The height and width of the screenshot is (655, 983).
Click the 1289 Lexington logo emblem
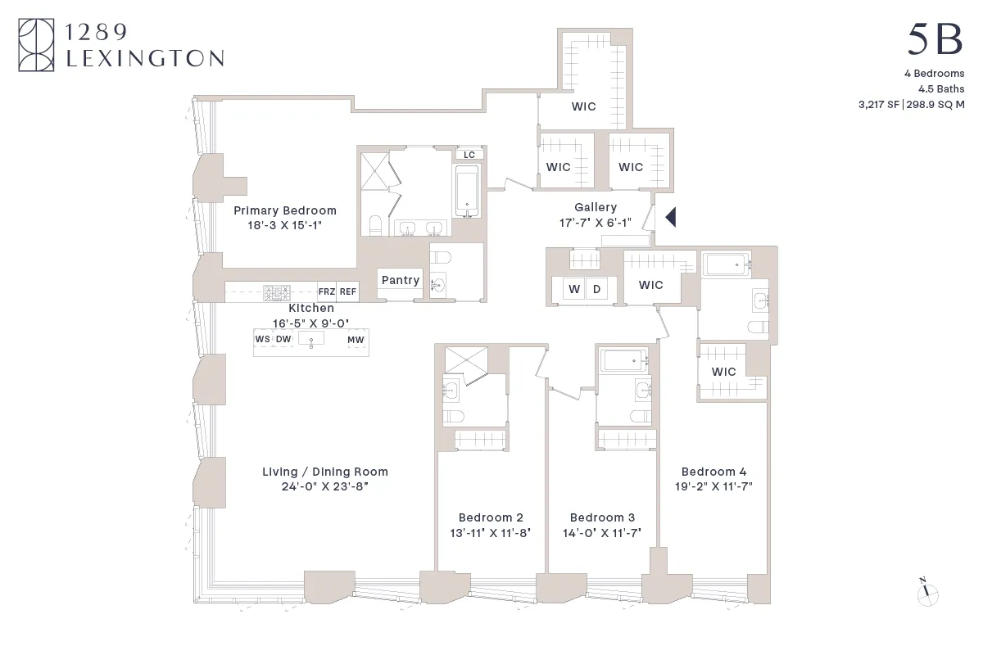click(36, 46)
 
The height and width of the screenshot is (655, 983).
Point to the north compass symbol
click(926, 593)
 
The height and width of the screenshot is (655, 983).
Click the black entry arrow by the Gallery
click(669, 218)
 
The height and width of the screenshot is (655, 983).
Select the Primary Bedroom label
click(284, 210)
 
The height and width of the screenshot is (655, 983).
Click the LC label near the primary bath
click(469, 155)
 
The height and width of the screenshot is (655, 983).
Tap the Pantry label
click(401, 280)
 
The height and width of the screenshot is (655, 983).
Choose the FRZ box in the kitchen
click(326, 291)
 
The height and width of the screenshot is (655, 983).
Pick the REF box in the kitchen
click(348, 291)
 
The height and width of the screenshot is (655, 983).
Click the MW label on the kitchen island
click(356, 340)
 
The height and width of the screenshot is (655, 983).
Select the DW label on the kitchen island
click(283, 340)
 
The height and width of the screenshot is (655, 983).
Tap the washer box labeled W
click(573, 289)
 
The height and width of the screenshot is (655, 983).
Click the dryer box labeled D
click(596, 289)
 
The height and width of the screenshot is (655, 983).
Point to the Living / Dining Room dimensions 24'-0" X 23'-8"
click(325, 486)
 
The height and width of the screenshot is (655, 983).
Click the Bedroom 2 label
click(491, 517)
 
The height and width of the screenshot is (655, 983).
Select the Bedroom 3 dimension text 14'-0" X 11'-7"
click(602, 532)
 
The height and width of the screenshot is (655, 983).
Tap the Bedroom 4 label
click(713, 472)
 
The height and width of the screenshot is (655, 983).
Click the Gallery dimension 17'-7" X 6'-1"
click(596, 222)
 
